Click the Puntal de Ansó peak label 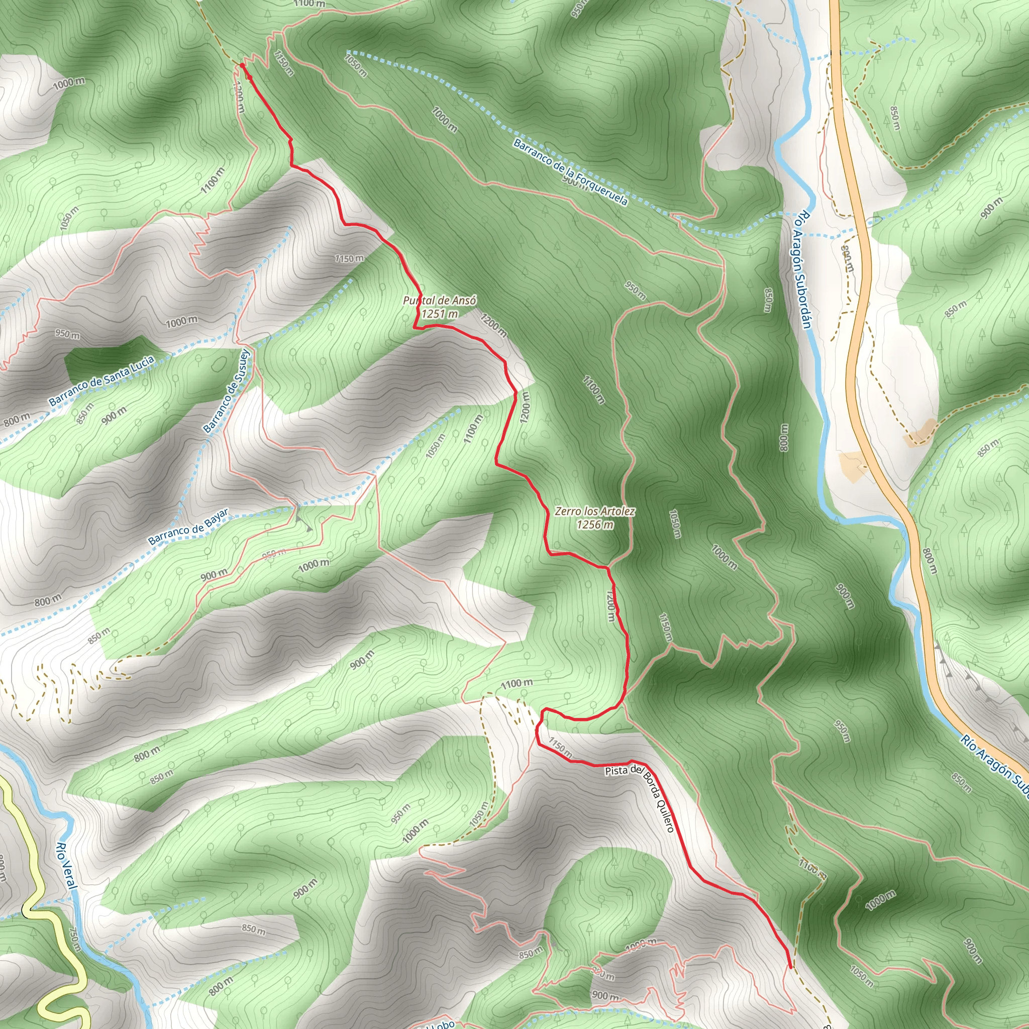440,300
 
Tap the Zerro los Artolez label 594,511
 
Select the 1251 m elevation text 440,314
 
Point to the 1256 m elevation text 595,525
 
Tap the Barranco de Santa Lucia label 101,380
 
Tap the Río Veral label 67,866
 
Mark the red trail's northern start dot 242,65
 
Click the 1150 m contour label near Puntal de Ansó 349,259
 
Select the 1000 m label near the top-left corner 69,82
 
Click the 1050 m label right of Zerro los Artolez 674,524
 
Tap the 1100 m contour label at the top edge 309,4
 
